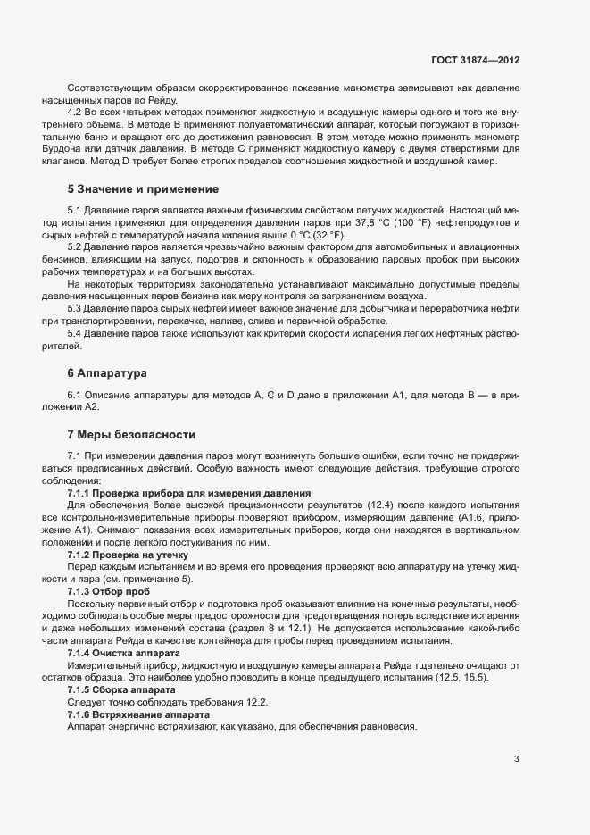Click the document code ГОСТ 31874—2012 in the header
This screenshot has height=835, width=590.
tap(474, 59)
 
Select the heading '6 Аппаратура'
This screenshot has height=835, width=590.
tap(108, 372)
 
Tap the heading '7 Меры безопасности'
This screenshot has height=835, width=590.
tap(130, 435)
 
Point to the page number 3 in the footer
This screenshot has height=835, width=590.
tap(516, 760)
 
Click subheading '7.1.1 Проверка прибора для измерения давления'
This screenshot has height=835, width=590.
tap(188, 493)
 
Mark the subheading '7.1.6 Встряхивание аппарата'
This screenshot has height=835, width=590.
tap(138, 715)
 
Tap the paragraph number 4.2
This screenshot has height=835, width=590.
tap(75, 113)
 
